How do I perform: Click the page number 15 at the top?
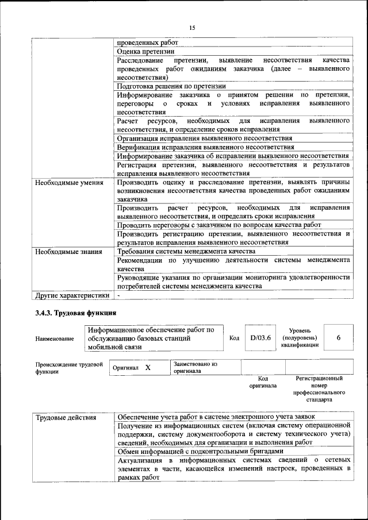[192, 28]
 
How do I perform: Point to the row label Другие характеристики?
[72, 295]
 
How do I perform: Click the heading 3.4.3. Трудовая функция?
[73, 313]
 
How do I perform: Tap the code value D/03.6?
[260, 338]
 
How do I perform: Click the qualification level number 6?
[339, 338]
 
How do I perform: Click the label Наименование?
[55, 339]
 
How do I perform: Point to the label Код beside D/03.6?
[234, 338]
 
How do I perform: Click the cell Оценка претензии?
[142, 51]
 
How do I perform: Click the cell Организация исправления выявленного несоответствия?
[204, 138]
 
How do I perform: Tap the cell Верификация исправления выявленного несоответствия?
[205, 147]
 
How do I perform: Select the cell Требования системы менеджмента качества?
[186, 251]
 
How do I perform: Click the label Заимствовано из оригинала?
[195, 368]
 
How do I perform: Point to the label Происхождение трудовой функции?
[69, 368]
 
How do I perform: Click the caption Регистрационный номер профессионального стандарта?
[319, 388]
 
